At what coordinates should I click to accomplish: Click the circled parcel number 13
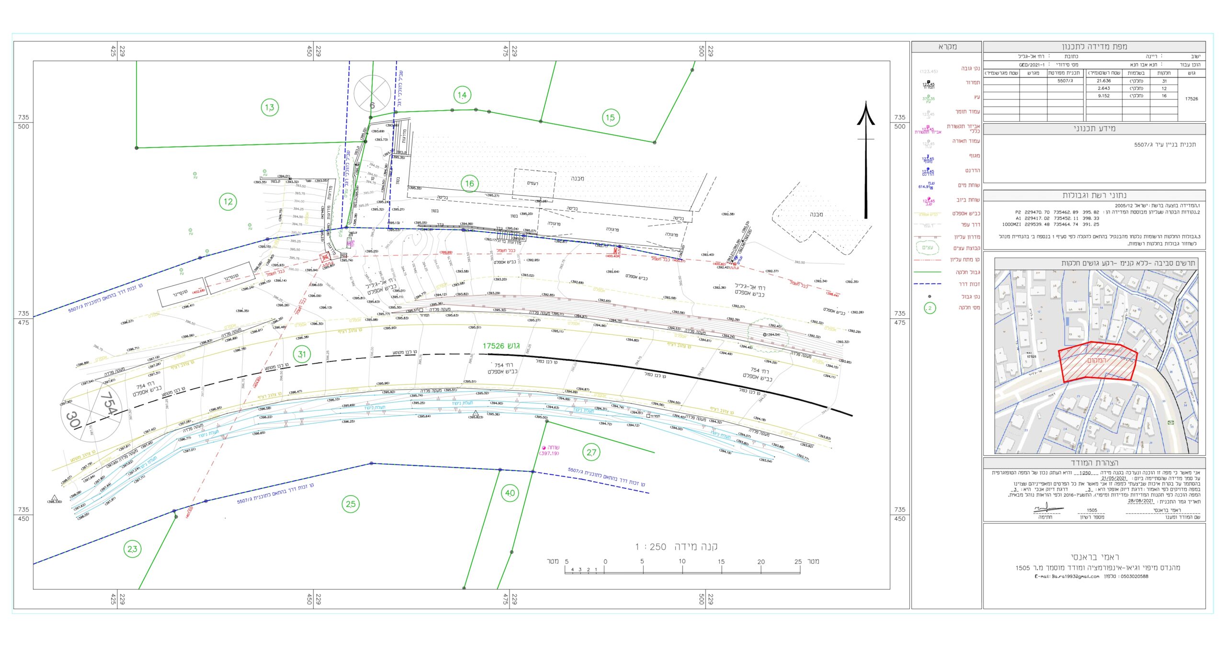(270, 107)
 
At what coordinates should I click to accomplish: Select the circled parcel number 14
(462, 95)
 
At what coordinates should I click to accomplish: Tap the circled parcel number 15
(610, 117)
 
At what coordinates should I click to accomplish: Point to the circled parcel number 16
(469, 183)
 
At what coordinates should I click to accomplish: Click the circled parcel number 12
(228, 202)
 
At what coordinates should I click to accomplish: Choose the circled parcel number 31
(302, 354)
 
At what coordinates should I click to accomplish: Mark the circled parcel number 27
(591, 452)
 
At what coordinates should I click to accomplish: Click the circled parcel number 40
(510, 493)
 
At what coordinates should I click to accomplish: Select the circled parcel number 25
(351, 504)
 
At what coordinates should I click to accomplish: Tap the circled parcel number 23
(132, 549)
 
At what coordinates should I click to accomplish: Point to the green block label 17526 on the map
(501, 346)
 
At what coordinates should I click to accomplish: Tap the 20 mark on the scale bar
(761, 562)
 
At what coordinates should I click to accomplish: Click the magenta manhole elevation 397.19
(549, 454)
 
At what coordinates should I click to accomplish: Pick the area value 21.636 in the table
(1104, 81)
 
